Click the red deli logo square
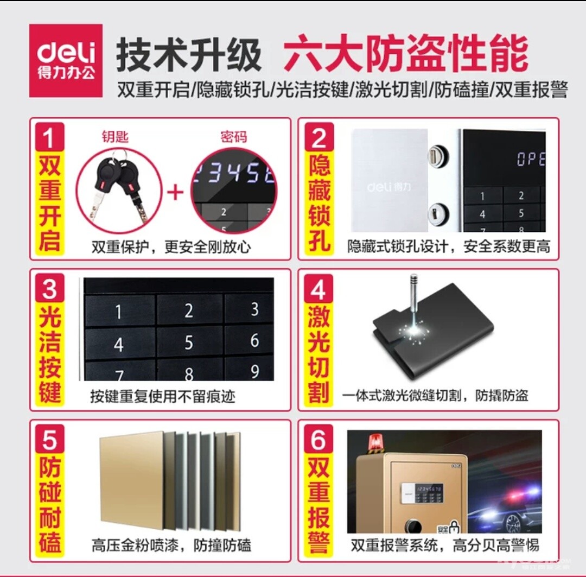pyautogui.click(x=66, y=61)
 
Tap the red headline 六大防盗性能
pyautogui.click(x=405, y=53)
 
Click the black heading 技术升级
pyautogui.click(x=189, y=55)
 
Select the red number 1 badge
pyautogui.click(x=50, y=137)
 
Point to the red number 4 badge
pyautogui.click(x=318, y=289)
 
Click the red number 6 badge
pyautogui.click(x=318, y=439)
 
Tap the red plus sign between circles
pyautogui.click(x=175, y=193)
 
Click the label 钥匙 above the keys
pyautogui.click(x=115, y=136)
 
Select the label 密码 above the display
pyautogui.click(x=233, y=137)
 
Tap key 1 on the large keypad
pyautogui.click(x=119, y=312)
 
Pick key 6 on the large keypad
pyautogui.click(x=254, y=340)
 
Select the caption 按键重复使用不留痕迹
pyautogui.click(x=163, y=396)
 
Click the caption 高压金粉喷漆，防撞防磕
pyautogui.click(x=171, y=545)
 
